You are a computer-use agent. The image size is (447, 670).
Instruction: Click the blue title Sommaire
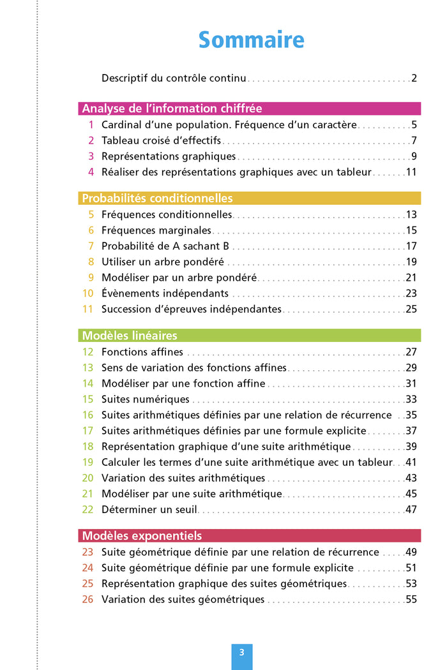[x=251, y=40]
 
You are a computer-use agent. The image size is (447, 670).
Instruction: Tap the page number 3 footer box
[x=241, y=653]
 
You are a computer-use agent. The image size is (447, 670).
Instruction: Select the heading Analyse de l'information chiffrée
[x=172, y=108]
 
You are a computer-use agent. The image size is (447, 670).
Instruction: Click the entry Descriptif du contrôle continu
[x=174, y=78]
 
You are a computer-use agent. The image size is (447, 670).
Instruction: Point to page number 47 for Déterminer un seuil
[x=411, y=509]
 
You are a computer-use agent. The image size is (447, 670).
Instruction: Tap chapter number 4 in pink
[x=91, y=172]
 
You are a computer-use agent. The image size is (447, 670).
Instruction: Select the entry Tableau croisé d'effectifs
[x=161, y=140]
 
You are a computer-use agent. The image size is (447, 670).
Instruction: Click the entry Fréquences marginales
[x=156, y=230]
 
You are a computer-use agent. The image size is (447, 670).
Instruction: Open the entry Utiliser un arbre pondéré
[x=163, y=262]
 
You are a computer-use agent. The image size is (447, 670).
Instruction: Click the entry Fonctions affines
[x=142, y=352]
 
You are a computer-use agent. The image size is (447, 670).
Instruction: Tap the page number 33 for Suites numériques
[x=411, y=399]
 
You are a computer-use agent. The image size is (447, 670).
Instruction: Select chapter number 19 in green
[x=88, y=462]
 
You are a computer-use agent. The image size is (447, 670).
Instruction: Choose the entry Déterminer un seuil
[x=149, y=509]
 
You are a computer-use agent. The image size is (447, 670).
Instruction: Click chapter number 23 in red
[x=88, y=552]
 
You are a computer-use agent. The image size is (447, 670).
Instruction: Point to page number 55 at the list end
[x=411, y=600]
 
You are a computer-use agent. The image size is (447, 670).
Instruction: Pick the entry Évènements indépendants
[x=165, y=294]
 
